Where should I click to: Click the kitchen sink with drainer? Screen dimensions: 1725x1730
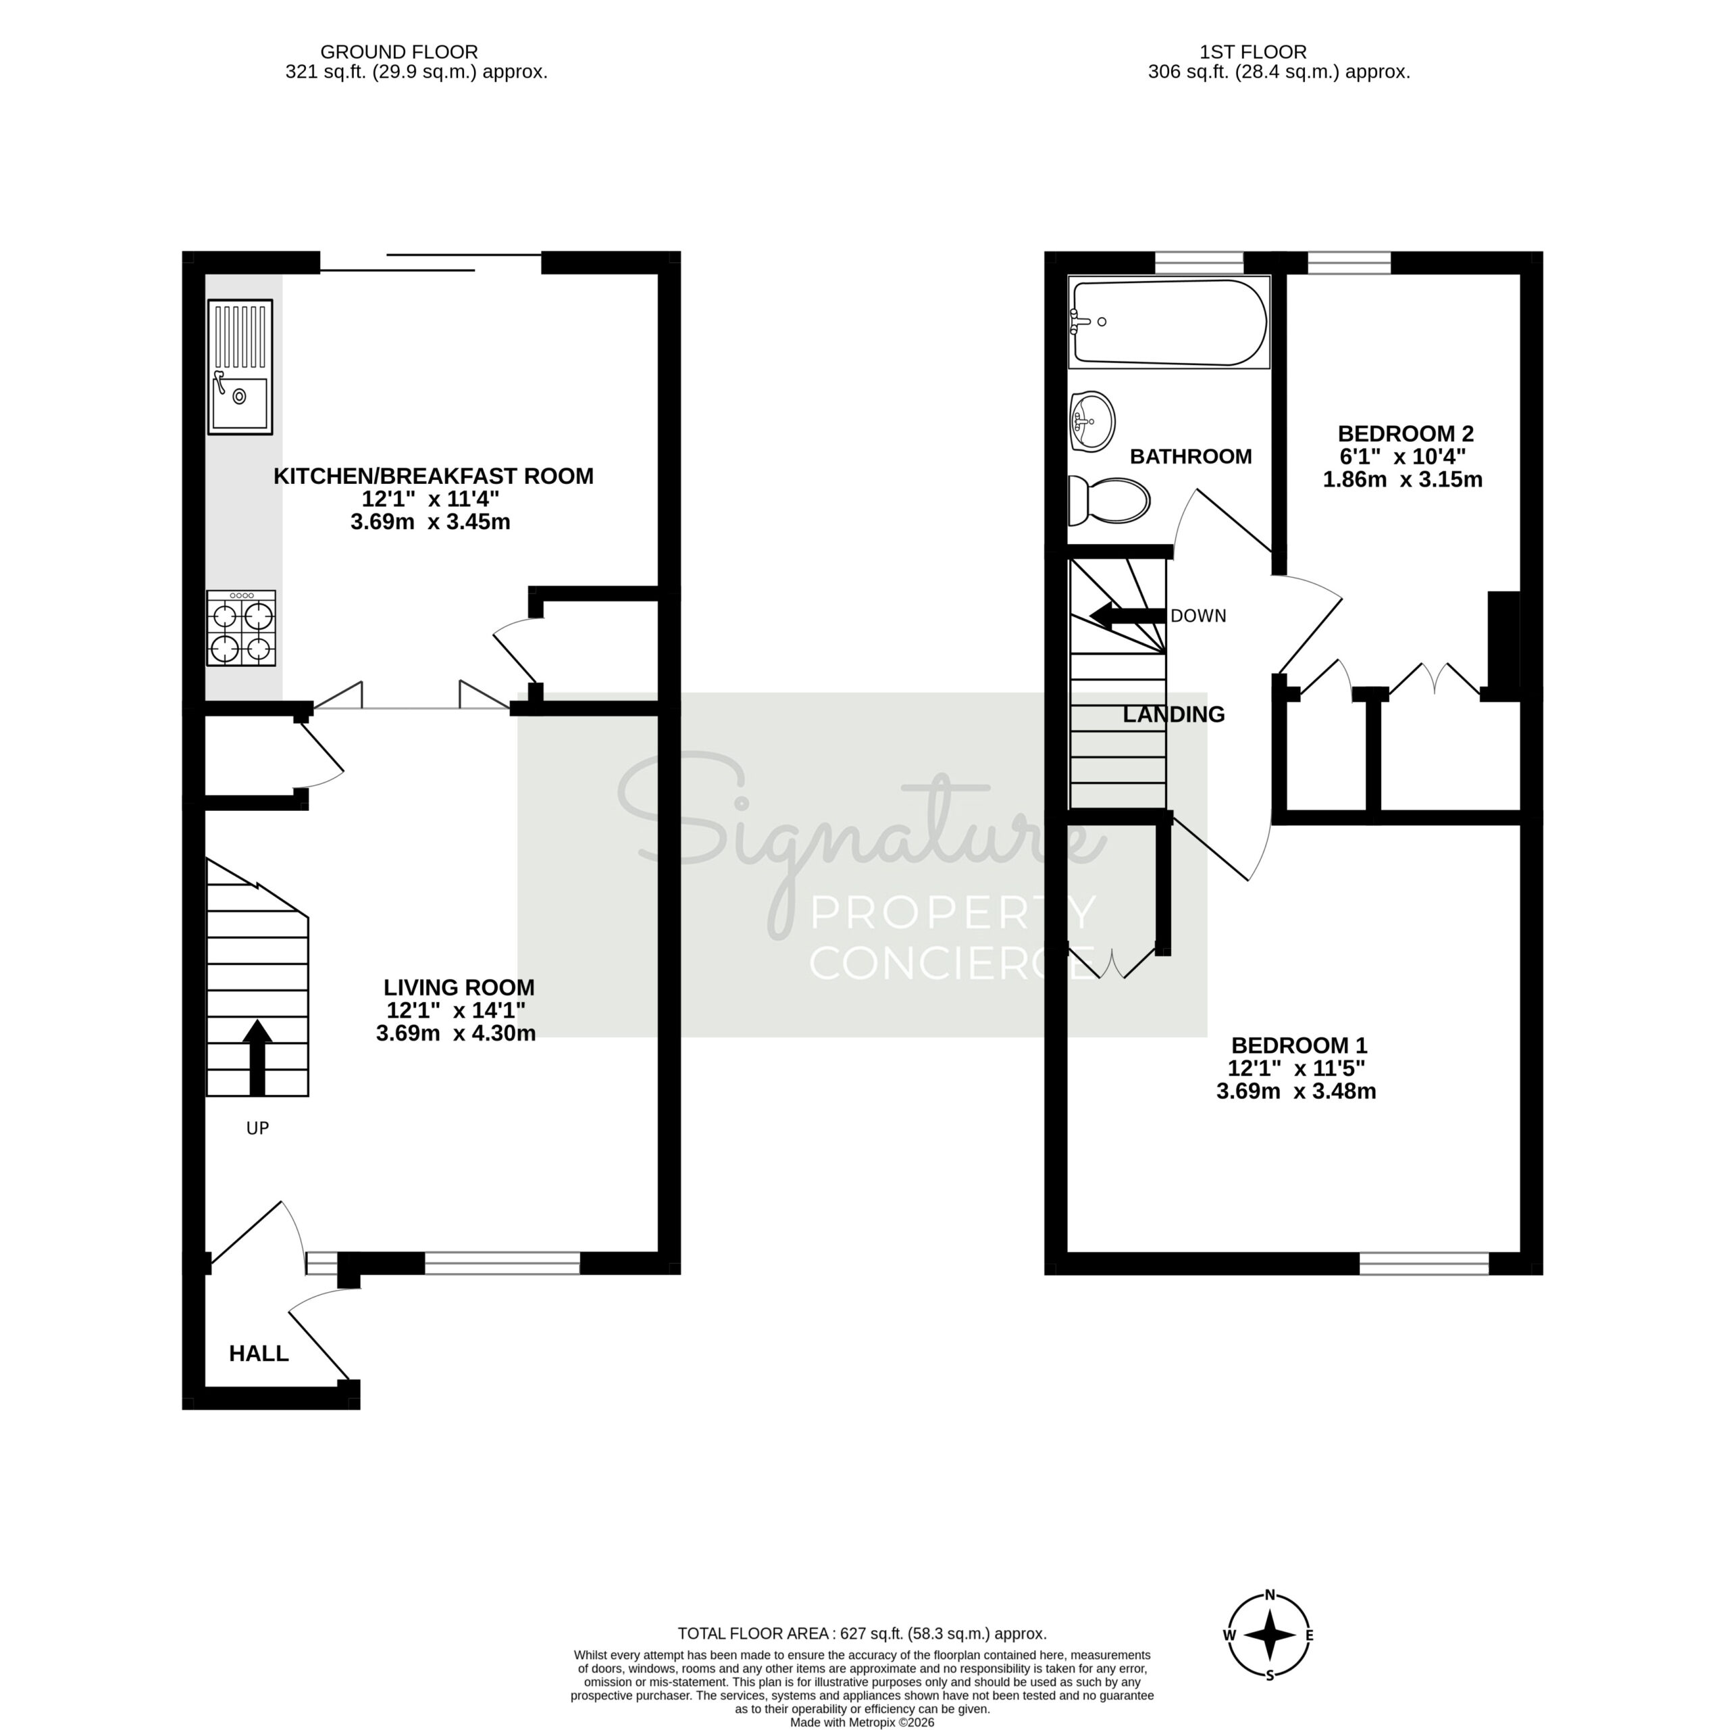coord(240,366)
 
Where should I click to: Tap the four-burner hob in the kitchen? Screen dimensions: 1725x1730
coord(241,628)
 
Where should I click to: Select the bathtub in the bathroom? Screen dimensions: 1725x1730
coord(1168,322)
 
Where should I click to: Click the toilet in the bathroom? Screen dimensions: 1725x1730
coord(1108,501)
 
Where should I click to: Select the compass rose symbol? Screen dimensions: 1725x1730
coord(1269,1658)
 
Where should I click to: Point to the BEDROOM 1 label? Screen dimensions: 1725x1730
coord(1299,1045)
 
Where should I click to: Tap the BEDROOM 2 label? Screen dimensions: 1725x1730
coord(1405,433)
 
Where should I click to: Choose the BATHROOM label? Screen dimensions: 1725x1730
coord(1191,457)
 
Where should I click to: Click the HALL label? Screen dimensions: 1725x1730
coord(259,1353)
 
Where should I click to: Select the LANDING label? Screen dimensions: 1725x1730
coord(1174,714)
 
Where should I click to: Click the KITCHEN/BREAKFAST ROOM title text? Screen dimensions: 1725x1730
coord(433,476)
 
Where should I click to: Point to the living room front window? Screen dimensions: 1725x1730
coord(503,1262)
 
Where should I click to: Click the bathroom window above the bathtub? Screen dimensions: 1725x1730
coord(1200,262)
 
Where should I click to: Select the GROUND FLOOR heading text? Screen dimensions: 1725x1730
coord(399,52)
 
